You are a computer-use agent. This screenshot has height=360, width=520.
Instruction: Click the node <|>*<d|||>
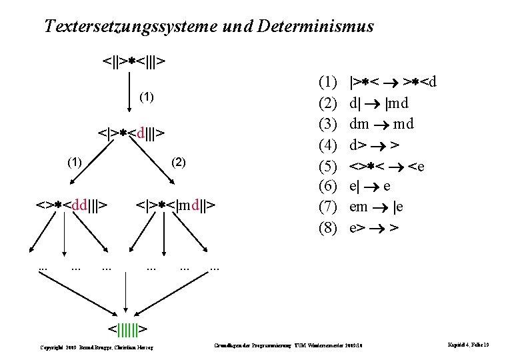pos(131,132)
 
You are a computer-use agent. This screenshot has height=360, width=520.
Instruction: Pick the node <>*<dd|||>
pos(73,202)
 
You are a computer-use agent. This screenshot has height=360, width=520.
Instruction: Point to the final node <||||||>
pos(127,328)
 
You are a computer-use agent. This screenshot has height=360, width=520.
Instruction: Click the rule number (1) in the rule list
pos(328,83)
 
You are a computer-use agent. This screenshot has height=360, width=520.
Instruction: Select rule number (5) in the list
pos(328,166)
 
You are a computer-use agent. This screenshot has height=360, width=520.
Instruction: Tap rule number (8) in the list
pos(328,228)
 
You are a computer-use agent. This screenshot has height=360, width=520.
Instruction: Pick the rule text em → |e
pos(376,207)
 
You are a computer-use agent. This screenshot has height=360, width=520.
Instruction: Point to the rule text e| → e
pos(370,187)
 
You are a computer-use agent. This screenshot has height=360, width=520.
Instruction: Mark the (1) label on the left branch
pos(76,161)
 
